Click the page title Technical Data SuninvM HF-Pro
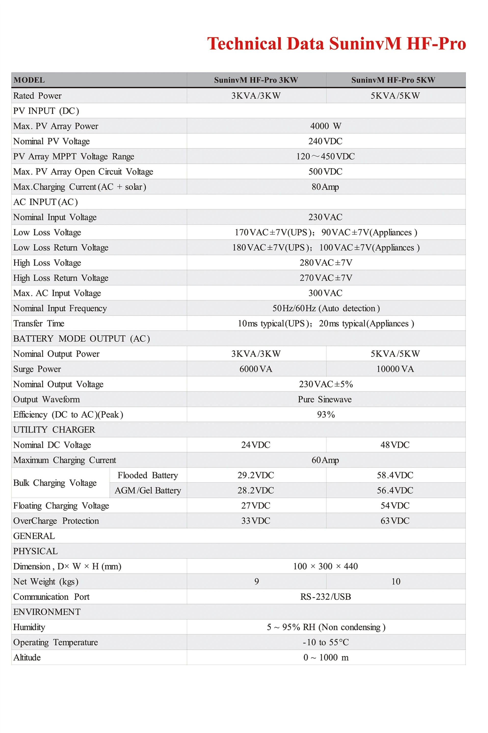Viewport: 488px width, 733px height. [336, 43]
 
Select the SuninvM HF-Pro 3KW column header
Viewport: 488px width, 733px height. [256, 80]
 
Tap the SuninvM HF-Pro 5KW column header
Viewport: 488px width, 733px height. [393, 80]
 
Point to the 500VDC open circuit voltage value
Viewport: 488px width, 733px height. [325, 171]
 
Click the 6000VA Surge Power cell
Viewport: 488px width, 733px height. [256, 369]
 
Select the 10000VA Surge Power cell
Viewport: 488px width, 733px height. [395, 369]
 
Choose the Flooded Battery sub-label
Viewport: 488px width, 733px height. [148, 475]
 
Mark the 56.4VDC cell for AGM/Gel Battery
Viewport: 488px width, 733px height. [395, 490]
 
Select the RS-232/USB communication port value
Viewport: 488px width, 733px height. [325, 597]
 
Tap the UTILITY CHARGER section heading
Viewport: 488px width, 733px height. [54, 430]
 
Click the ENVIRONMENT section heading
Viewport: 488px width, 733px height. [47, 612]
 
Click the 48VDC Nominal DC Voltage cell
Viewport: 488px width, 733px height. [395, 445]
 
